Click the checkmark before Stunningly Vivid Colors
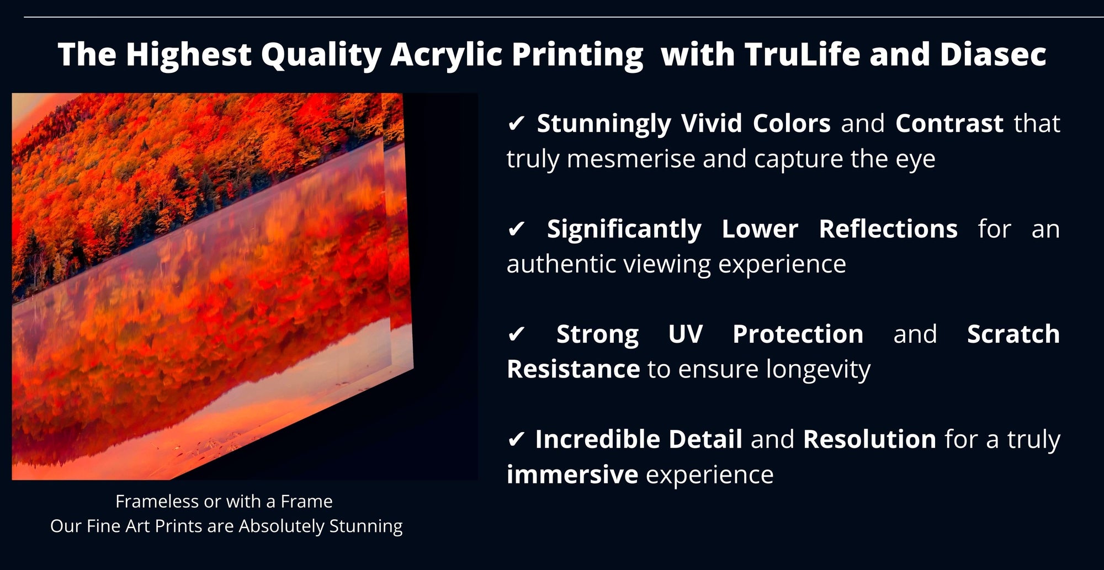point(516,124)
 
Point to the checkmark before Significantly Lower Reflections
point(516,229)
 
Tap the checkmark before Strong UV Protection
point(516,334)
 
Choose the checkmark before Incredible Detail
point(516,440)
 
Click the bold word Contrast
point(949,124)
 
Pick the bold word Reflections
point(888,229)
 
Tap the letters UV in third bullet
point(686,334)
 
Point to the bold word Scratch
point(1013,334)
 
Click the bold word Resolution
point(869,440)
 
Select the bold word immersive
point(572,475)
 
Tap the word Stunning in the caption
point(366,526)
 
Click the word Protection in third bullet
point(798,334)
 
